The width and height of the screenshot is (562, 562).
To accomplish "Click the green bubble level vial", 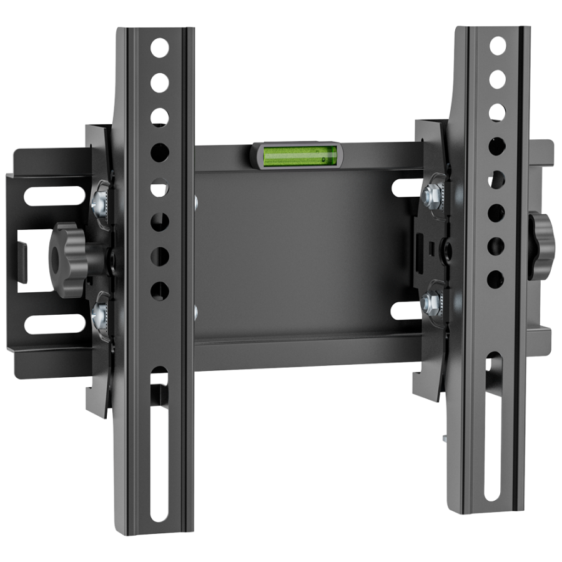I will pyautogui.click(x=298, y=155).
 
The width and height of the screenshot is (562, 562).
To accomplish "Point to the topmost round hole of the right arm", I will pyautogui.click(x=498, y=46).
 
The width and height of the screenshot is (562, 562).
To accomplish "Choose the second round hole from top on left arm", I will pyautogui.click(x=160, y=82).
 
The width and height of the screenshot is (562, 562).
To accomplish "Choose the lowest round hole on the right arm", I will pyautogui.click(x=495, y=277).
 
